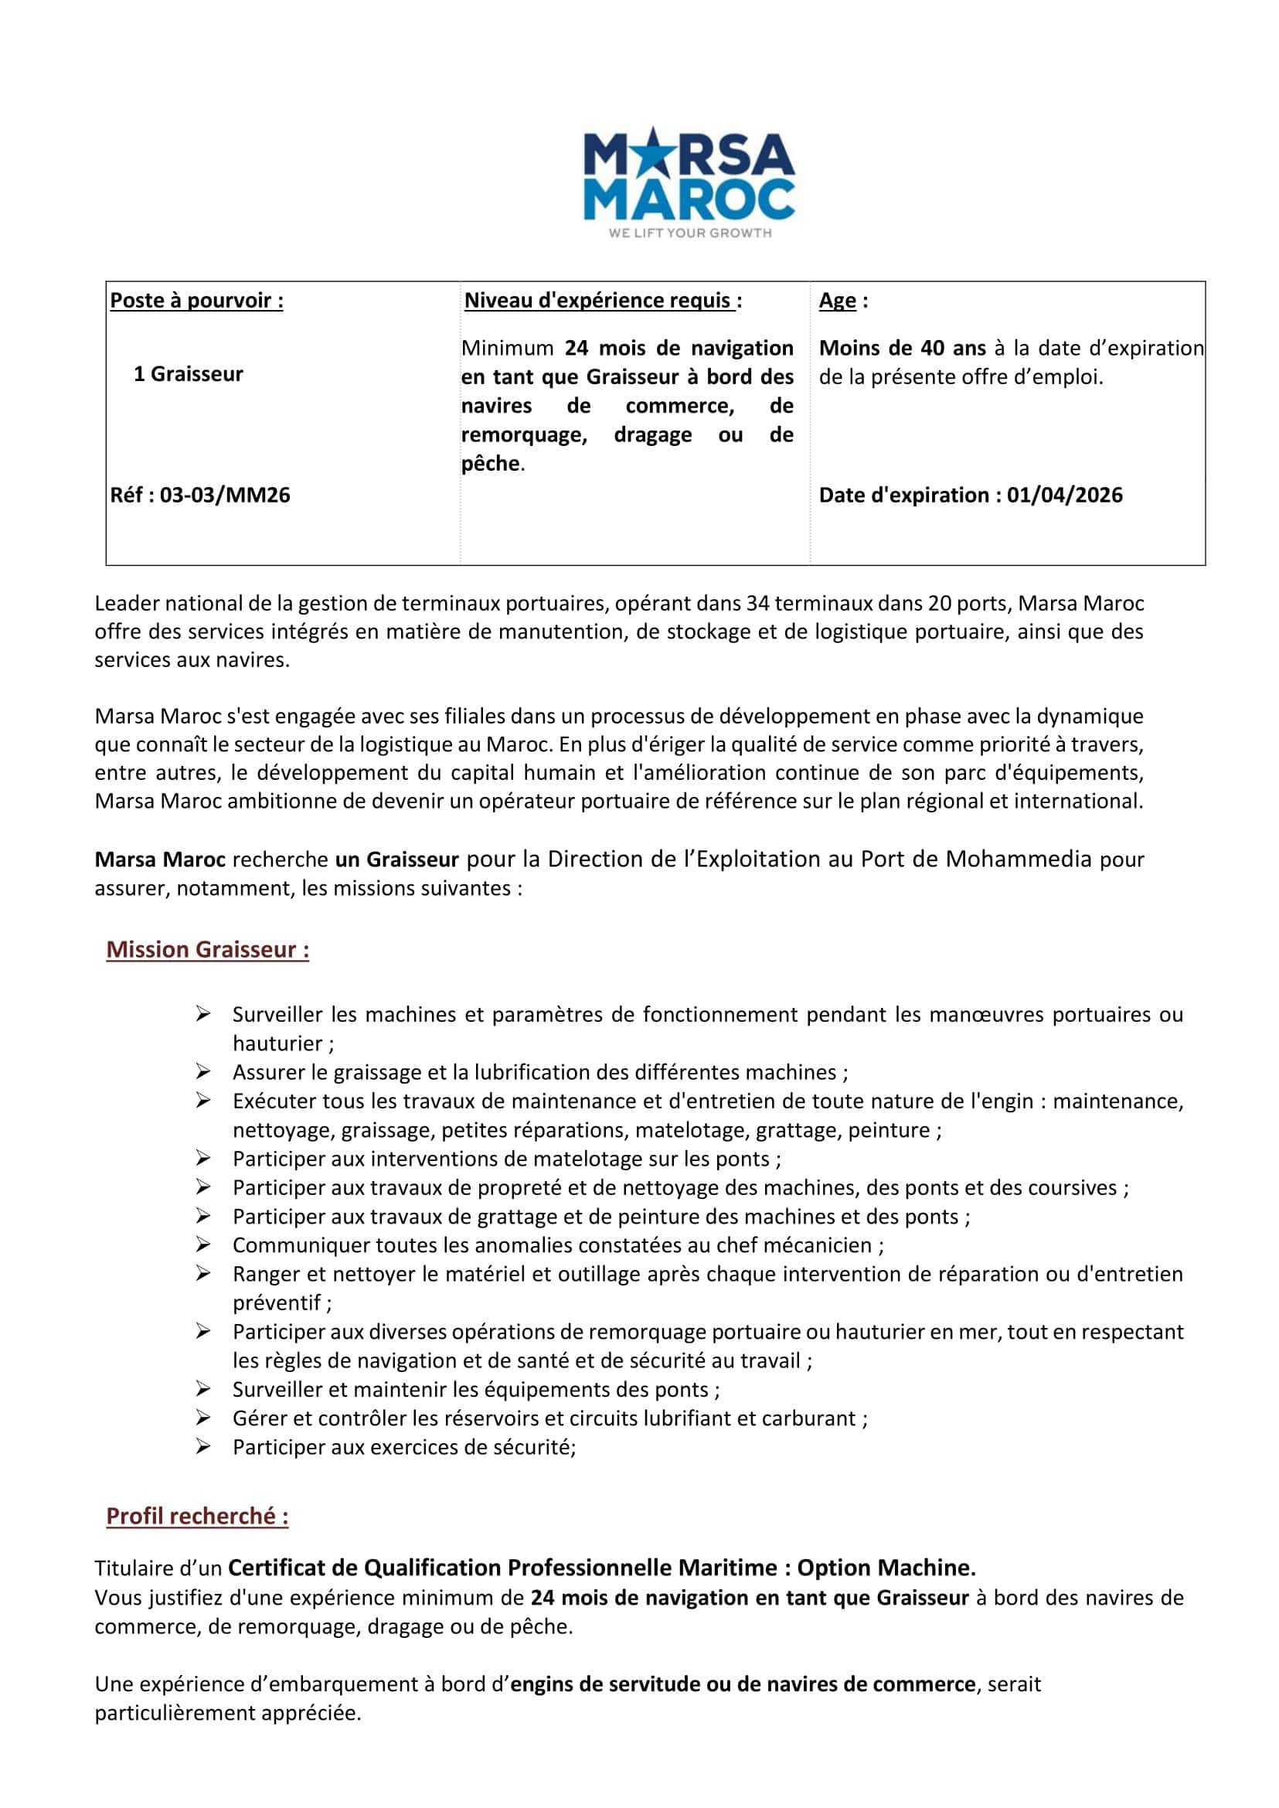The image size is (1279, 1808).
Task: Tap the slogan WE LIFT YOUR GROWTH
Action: pos(690,233)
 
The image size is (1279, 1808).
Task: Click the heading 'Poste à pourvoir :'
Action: pos(196,300)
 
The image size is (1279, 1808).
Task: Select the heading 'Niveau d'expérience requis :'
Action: pos(603,300)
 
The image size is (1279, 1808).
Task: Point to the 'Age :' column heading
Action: pos(842,300)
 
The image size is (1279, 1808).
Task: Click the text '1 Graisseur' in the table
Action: pos(189,373)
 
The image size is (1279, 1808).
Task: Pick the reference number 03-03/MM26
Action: pos(224,495)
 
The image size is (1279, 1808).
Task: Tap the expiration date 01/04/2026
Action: pos(1065,495)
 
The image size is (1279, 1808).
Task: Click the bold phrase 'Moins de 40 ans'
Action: pos(902,348)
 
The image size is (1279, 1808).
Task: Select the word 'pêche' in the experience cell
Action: pos(491,464)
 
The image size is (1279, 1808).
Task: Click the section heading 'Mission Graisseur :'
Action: pos(207,949)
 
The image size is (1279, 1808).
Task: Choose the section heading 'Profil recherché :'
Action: pos(197,1517)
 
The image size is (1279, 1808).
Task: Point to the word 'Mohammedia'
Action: pos(1018,859)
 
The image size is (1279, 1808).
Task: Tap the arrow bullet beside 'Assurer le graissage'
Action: pos(203,1071)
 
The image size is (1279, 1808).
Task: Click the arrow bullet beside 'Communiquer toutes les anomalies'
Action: pos(203,1244)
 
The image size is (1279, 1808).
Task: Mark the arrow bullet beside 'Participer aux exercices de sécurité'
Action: pos(203,1447)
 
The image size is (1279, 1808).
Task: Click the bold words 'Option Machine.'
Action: pos(886,1568)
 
